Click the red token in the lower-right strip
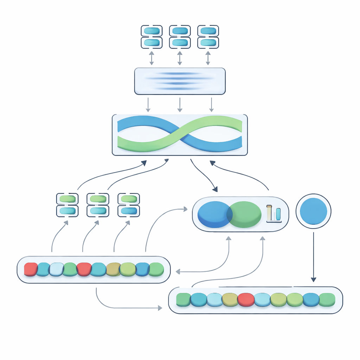click(246, 300)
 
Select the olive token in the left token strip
click(113, 269)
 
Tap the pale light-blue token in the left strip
click(56, 269)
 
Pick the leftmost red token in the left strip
click(31, 269)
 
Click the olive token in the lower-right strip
click(230, 300)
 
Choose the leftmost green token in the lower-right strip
click(183, 300)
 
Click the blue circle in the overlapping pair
click(212, 214)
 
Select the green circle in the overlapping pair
click(245, 214)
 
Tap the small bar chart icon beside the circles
click(274, 214)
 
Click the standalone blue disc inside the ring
click(314, 211)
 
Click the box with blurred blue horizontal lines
click(180, 81)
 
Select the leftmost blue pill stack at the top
click(152, 37)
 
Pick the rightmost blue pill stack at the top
click(208, 37)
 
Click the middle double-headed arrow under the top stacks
click(180, 58)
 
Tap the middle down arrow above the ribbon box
click(180, 105)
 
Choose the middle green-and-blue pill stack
click(98, 205)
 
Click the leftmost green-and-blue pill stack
click(67, 205)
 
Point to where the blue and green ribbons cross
click(180, 135)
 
